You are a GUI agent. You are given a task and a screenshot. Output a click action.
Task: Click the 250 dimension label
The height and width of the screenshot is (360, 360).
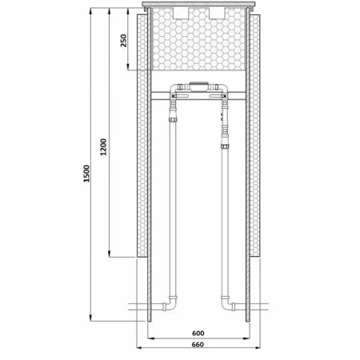pos(123,41)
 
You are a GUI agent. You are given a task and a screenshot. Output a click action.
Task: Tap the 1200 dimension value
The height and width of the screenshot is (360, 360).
pos(103,147)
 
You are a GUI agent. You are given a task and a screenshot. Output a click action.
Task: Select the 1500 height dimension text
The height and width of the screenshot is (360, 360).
pos(86,174)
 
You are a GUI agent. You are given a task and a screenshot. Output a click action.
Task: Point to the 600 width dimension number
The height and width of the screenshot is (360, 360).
pos(198,333)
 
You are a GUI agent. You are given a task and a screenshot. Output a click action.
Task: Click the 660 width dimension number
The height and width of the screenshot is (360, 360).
pos(198,345)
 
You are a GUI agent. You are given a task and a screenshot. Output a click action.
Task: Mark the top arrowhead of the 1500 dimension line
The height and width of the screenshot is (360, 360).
pos(90,11)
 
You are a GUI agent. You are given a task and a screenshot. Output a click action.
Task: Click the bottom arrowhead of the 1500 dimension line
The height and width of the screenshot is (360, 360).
pos(90,318)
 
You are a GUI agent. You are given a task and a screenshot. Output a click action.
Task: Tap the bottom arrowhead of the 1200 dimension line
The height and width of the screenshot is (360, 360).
pos(109,254)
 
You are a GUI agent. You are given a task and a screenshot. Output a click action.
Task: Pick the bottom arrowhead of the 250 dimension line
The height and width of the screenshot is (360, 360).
pos(128,67)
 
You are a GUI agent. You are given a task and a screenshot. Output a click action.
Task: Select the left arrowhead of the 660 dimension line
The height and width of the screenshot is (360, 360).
pos(140,348)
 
